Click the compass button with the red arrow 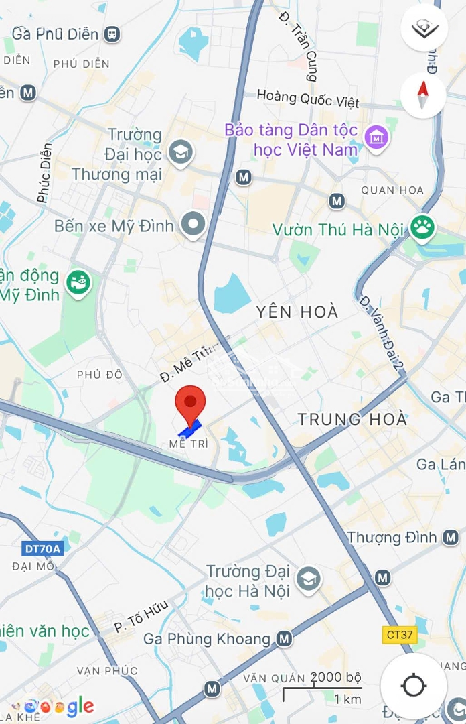423,96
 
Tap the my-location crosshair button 413,685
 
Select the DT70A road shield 42,549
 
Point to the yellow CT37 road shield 399,633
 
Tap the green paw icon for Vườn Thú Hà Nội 422,227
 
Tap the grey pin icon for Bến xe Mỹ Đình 194,225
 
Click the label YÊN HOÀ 297,312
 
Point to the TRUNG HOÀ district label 352,420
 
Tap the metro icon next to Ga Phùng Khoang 285,638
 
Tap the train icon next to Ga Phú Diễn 112,33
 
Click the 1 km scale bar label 347,699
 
